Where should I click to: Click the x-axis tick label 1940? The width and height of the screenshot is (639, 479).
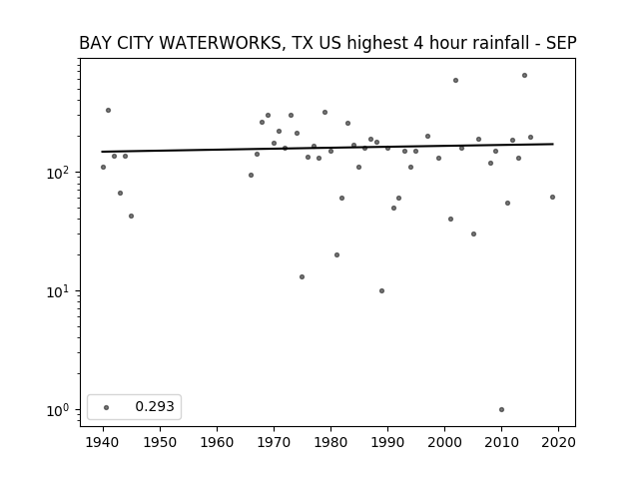point(103,442)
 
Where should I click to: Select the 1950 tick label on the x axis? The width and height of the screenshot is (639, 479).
point(160,442)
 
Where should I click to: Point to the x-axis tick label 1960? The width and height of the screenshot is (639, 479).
point(217,442)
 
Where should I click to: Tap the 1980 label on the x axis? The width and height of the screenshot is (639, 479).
point(330,442)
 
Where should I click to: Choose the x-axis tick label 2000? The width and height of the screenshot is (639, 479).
point(444,442)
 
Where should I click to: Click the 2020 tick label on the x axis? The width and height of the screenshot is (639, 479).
point(558,442)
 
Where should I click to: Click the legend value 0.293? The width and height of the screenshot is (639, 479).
point(155,406)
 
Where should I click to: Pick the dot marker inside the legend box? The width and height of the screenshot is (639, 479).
point(107,407)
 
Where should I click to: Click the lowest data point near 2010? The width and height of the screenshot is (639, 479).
point(501,410)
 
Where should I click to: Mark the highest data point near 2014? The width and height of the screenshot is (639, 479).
point(524,76)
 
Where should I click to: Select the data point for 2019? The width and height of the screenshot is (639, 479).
point(552,198)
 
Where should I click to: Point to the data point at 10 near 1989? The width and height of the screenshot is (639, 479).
point(381,290)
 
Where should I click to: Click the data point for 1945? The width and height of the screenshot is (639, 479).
point(131,217)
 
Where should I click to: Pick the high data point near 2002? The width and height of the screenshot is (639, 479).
point(455,81)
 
